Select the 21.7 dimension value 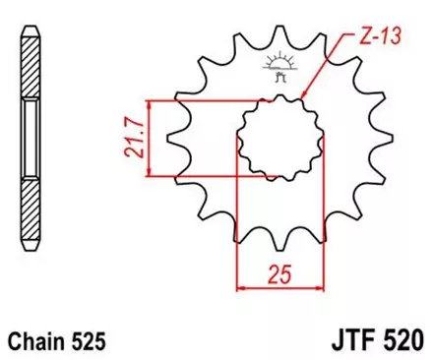tap(122, 139)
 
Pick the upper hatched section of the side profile tap(31, 64)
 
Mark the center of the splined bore tap(272, 139)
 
